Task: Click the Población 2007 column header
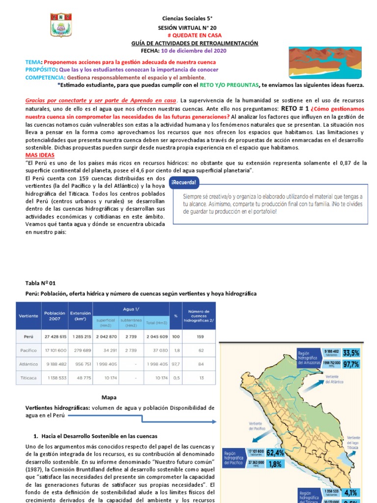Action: tap(54, 315)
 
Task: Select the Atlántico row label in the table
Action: tap(29, 365)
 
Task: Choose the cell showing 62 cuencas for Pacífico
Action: tap(199, 351)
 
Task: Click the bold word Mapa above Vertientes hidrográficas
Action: tap(108, 397)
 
